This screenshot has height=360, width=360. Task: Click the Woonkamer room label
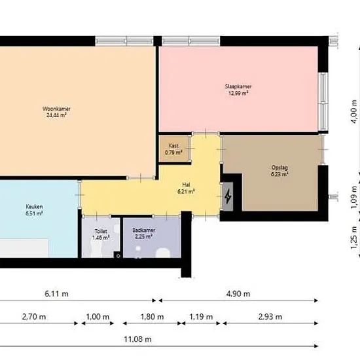coord(56,109)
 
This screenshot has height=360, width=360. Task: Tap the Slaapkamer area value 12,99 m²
coord(238,93)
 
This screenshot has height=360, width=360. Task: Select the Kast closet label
coord(173,145)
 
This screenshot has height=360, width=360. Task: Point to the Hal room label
coord(186,185)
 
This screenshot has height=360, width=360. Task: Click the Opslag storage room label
coord(279,168)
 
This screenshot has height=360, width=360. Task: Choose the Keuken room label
coord(34,207)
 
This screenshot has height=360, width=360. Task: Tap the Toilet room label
coord(101,231)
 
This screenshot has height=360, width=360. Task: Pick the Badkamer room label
coord(144,230)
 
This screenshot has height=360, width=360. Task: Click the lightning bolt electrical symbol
coord(228,196)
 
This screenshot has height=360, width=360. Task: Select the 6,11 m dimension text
coord(56,294)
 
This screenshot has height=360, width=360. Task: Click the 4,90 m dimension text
coord(238,294)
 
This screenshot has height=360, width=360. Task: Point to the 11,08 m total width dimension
coord(137,339)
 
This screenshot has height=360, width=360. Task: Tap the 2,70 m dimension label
coord(34,317)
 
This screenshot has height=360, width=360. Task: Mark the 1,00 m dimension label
coord(98,317)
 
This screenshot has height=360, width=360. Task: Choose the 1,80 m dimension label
coord(152,317)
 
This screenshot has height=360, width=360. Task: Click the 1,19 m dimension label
coord(201,317)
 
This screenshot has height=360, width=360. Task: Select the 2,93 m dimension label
coord(270,317)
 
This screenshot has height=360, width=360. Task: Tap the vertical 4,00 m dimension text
coord(354,111)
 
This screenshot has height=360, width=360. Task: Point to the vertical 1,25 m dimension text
coord(354,238)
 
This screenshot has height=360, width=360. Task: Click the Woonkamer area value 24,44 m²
coord(56,115)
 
